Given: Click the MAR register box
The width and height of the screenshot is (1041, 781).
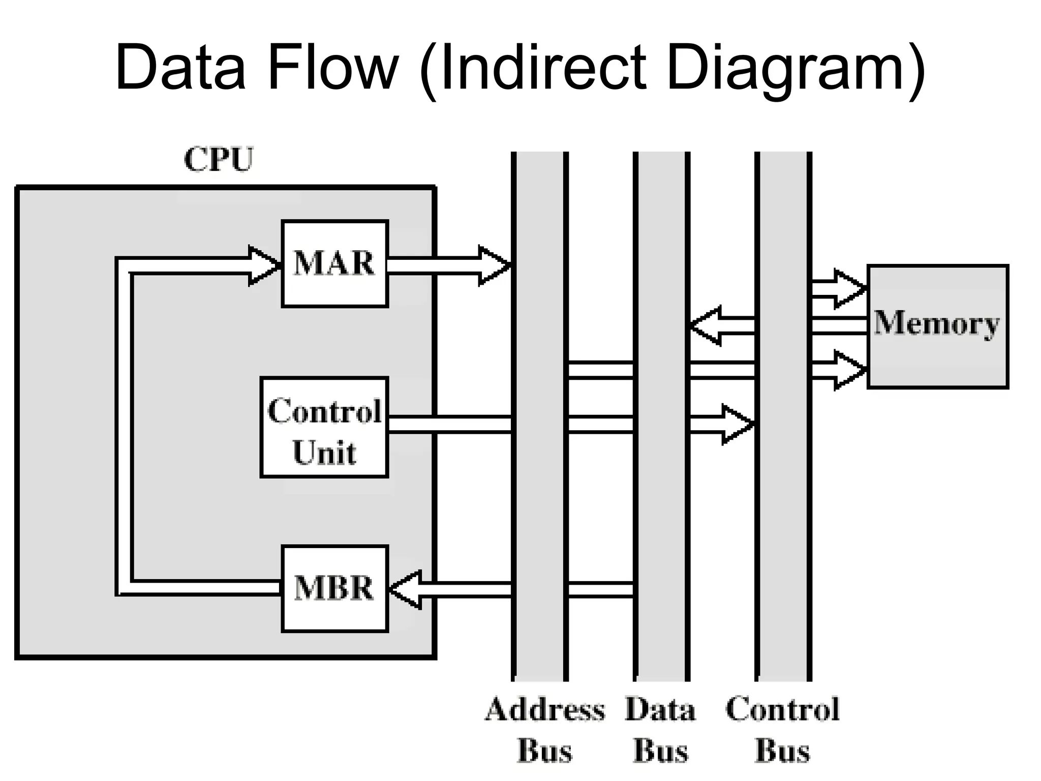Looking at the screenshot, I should pyautogui.click(x=334, y=263).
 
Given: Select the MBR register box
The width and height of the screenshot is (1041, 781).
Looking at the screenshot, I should pyautogui.click(x=334, y=588).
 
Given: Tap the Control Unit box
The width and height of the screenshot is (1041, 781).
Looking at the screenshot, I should pyautogui.click(x=324, y=427).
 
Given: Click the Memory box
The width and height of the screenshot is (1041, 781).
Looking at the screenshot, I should pyautogui.click(x=937, y=326).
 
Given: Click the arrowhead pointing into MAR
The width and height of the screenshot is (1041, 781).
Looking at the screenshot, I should pyautogui.click(x=264, y=266).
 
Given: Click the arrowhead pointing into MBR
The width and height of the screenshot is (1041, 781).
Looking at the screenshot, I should pyautogui.click(x=405, y=589).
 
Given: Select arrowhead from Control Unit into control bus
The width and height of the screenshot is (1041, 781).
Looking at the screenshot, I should pyautogui.click(x=737, y=424).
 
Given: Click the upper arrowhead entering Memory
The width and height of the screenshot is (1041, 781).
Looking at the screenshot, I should pyautogui.click(x=849, y=289).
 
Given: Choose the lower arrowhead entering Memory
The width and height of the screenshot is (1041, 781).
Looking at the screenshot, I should pyautogui.click(x=849, y=370).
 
